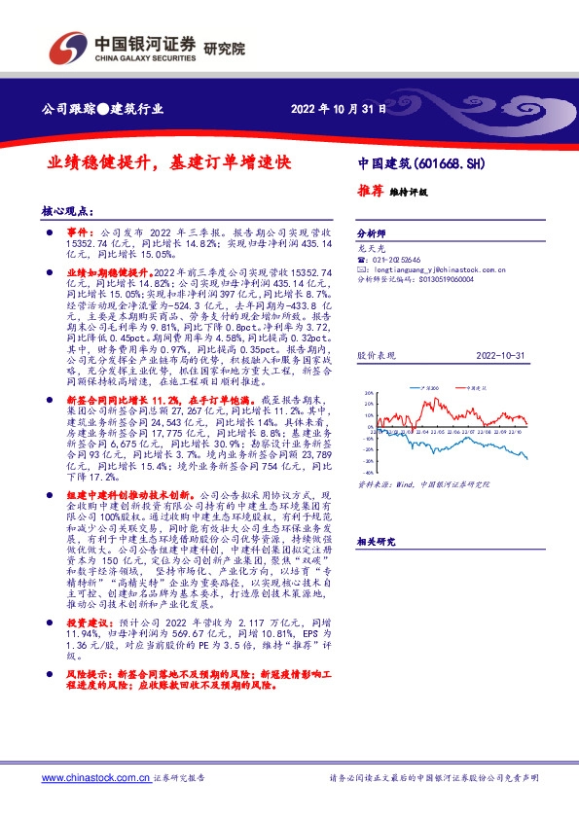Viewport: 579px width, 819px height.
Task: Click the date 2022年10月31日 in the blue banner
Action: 339,110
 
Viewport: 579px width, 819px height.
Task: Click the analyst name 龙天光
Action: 368,249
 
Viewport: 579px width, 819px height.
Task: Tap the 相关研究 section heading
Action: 377,540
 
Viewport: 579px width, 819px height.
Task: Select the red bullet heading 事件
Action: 77,235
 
